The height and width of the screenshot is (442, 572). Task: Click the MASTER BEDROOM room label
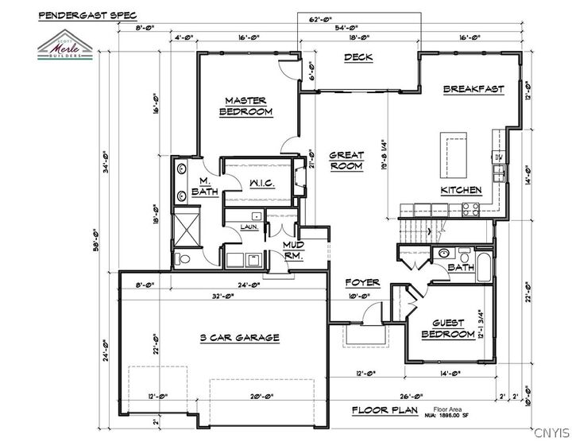pos(245,107)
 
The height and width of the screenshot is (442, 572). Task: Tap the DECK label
pos(358,57)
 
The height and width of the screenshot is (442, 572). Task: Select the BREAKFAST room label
pos(473,89)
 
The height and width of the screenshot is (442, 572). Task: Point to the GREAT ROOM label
pos(346,161)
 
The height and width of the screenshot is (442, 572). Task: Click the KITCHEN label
pos(462,190)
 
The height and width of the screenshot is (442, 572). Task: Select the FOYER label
pos(361,283)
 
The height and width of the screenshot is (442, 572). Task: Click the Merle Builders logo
pos(67,48)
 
